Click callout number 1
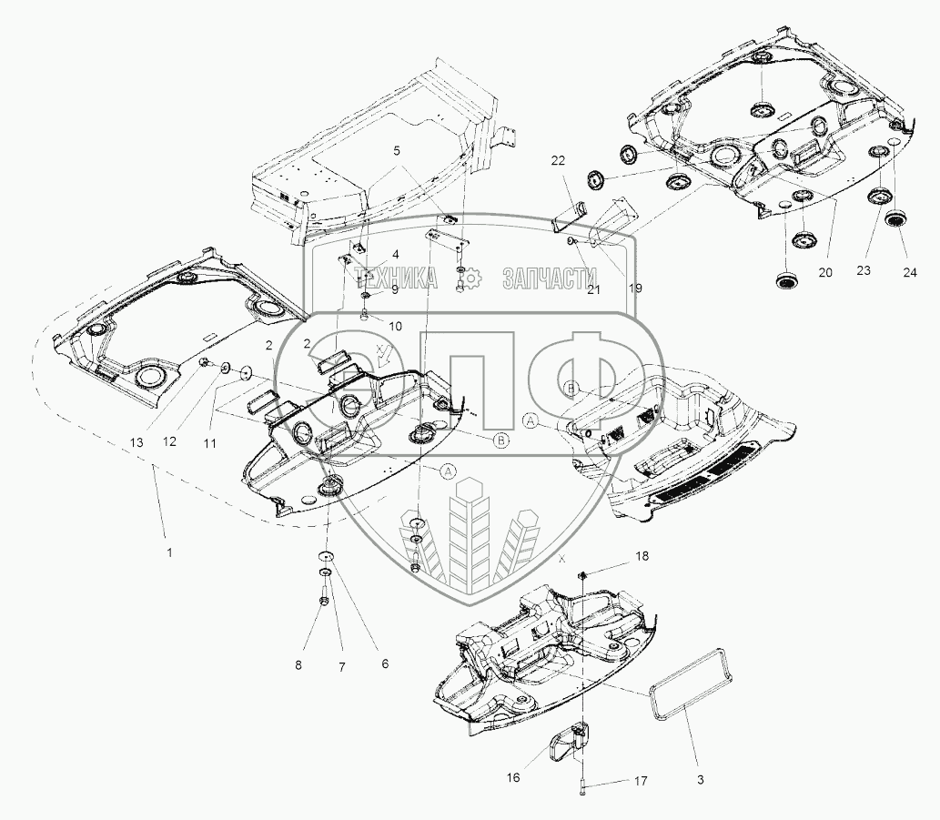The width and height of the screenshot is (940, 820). (169, 552)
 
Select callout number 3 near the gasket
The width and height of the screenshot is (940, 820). (700, 780)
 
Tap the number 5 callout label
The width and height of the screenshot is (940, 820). (397, 151)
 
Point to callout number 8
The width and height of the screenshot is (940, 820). (298, 665)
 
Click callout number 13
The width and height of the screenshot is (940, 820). (136, 442)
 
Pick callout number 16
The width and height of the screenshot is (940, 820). (513, 777)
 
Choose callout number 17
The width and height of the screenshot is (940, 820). (641, 781)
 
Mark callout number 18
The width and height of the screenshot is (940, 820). (642, 556)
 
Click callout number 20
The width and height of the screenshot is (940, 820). (825, 272)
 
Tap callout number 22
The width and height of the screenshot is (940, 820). (558, 161)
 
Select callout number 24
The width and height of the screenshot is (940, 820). (910, 273)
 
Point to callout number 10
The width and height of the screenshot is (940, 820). (395, 327)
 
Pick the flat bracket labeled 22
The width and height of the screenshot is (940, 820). (571, 216)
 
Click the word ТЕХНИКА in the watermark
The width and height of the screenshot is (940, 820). (396, 278)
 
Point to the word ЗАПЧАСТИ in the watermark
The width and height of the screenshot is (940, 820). (550, 278)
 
